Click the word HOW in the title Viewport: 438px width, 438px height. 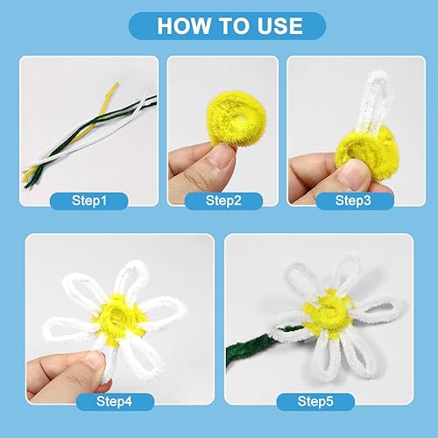[x=184, y=26]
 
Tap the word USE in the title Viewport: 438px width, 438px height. [x=279, y=26]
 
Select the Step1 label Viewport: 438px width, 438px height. [x=89, y=201]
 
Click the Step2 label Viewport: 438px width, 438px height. [x=223, y=201]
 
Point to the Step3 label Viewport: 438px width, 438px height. [x=353, y=201]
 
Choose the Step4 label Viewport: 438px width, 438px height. [x=114, y=401]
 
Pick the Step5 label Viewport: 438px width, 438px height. [x=315, y=401]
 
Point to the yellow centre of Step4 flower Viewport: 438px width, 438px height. [x=118, y=317]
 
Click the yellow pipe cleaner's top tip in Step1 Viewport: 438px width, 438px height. [x=117, y=83]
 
